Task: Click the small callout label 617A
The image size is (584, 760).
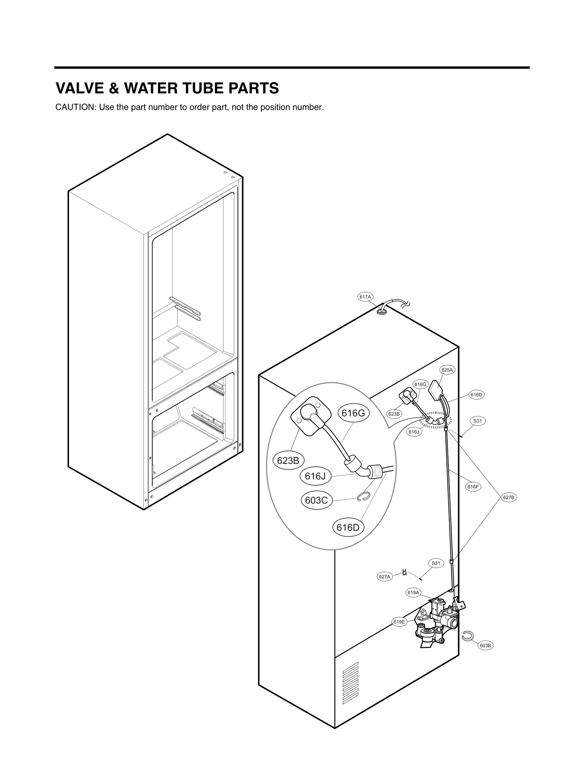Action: [365, 297]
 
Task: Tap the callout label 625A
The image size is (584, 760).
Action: [447, 370]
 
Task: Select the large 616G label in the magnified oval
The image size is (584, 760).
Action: [353, 413]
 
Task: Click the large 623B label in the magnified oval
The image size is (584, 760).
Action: [288, 461]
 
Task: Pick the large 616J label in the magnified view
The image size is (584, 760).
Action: [315, 476]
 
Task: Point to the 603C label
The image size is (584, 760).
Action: [316, 500]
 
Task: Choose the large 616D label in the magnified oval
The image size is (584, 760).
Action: [348, 528]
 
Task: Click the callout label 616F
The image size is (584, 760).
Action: [473, 486]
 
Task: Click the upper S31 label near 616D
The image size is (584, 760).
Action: [477, 421]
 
